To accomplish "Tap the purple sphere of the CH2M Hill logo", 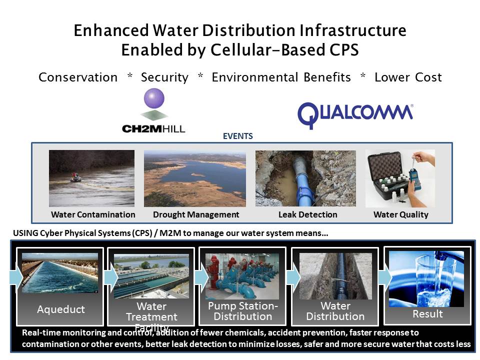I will point(153,98).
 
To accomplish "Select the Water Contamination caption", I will point(93,214).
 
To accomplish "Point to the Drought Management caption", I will point(196,214).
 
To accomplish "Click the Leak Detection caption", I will point(307,214).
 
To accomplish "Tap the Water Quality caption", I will point(400,214).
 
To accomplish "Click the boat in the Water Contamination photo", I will point(75,177).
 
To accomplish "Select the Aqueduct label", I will point(61,309).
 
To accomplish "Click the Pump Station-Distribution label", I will point(242,311).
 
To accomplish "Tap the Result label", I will point(427,314).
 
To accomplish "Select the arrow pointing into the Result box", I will point(384,276).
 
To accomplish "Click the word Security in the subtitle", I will point(164,77).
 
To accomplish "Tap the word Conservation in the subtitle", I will point(78,77).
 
